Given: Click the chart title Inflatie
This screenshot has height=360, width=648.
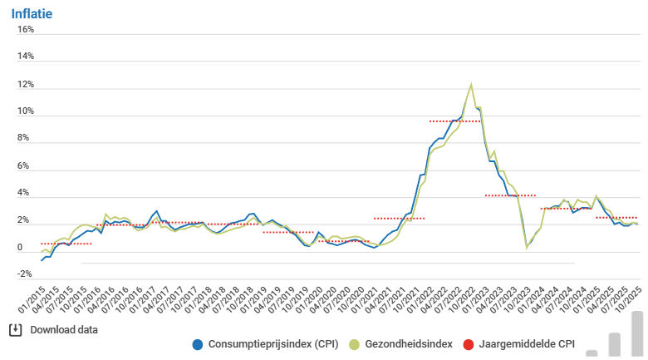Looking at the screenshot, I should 32,12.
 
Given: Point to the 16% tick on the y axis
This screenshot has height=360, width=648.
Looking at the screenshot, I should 26,30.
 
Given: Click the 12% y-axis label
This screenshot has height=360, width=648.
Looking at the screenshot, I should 26,85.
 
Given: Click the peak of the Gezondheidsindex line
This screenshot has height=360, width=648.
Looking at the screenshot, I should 472,84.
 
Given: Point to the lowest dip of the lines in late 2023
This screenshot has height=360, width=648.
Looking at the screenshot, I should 527,247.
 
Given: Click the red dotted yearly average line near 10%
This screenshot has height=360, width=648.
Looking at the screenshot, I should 454,121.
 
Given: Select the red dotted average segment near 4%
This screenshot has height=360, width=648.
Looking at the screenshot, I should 510,196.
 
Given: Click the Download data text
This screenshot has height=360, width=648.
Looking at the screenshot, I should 64,330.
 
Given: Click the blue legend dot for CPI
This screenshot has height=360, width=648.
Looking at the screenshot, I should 197,344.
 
